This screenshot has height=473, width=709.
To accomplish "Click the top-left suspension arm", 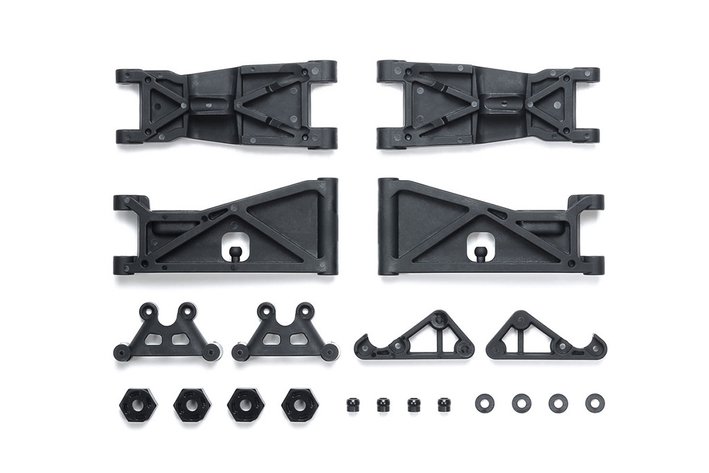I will coord(226,104).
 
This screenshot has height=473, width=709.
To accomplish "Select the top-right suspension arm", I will coord(488,104).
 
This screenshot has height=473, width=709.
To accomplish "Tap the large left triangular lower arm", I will coord(270,229).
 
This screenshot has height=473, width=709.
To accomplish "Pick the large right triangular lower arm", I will coord(443,229).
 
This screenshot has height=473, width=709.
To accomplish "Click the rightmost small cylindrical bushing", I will coord(444,404).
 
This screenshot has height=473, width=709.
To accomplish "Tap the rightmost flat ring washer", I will coord(594,402).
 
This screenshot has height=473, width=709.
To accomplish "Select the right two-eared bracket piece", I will coord(285,336).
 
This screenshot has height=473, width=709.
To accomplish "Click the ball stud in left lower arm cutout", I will coord(235,250).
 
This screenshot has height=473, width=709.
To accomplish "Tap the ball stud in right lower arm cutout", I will coord(480,250).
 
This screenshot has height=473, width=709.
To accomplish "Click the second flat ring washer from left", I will coord(521,402).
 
